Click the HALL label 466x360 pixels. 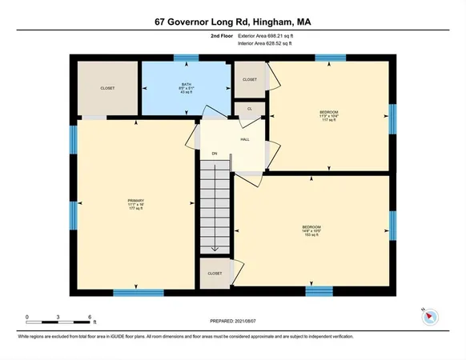245,139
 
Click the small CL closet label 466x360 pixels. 250,108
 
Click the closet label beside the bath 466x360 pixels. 107,88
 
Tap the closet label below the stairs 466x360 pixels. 214,273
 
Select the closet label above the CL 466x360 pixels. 250,79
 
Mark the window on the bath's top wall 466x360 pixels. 187,58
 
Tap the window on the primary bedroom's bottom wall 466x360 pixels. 133,292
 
